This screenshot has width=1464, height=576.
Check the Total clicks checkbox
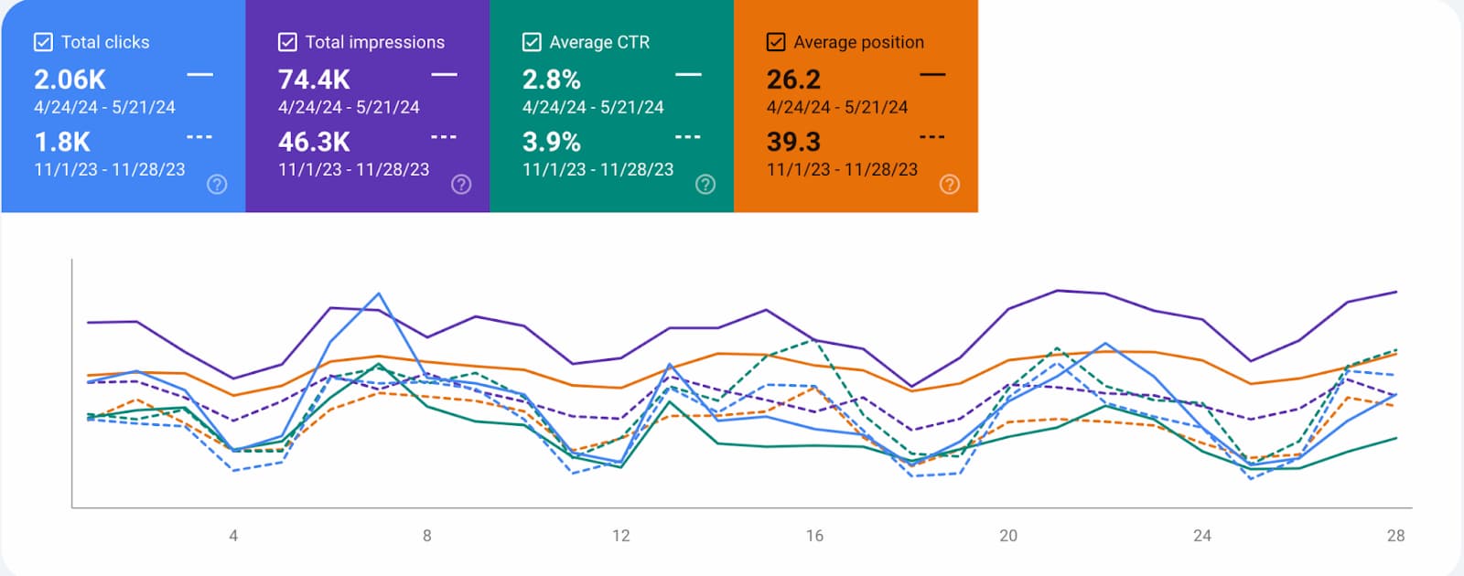[x=43, y=42]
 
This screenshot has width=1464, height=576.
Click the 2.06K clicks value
[x=70, y=80]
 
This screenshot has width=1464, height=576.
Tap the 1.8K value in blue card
[x=62, y=142]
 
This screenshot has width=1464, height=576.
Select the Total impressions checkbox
[x=287, y=42]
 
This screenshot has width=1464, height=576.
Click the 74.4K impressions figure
[x=314, y=80]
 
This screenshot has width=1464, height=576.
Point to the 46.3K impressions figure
[x=314, y=142]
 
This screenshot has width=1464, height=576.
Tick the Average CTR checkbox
[x=532, y=42]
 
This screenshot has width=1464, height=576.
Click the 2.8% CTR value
[x=551, y=80]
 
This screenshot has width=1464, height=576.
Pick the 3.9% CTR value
[x=551, y=142]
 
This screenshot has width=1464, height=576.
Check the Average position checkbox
[x=776, y=42]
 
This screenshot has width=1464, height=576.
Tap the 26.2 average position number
[x=793, y=80]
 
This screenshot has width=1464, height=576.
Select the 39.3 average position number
[x=793, y=142]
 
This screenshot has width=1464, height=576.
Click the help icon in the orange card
[x=950, y=184]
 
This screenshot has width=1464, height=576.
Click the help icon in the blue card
[x=217, y=184]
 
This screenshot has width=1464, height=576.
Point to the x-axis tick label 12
[x=620, y=536]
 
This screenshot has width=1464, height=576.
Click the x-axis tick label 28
[x=1395, y=536]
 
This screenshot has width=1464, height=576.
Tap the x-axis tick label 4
[x=233, y=536]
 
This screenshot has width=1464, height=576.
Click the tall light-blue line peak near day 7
[x=379, y=294]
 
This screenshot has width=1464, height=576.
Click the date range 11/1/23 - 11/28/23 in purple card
[x=353, y=169]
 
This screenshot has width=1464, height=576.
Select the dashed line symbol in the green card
[x=687, y=137]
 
